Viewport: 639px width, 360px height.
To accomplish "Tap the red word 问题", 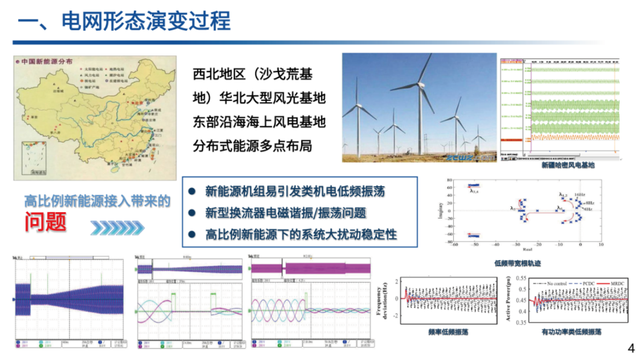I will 45,221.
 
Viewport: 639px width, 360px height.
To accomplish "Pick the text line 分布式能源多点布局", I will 252,146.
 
